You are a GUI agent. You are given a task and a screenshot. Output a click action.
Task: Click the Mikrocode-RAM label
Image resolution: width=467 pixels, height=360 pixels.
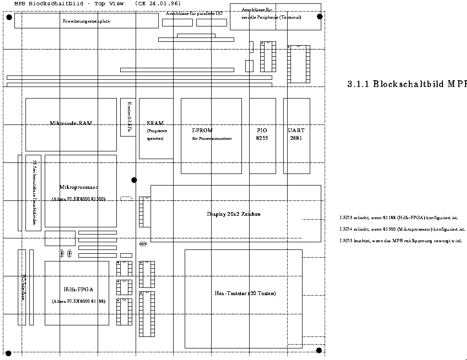click(71, 123)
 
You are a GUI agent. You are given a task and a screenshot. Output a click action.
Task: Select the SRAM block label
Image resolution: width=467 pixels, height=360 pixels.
click(155, 123)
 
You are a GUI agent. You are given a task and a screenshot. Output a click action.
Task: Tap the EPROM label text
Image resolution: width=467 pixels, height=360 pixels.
click(202, 130)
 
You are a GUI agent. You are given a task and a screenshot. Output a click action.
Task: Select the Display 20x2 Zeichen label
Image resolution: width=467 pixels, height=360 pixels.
click(233, 214)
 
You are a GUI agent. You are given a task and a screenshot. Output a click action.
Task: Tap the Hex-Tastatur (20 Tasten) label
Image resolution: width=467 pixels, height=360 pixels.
click(245, 293)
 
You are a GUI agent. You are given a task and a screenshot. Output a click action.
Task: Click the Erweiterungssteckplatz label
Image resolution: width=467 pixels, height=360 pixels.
click(86, 21)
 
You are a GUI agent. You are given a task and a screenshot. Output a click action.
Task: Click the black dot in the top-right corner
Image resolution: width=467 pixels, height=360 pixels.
click(320, 16)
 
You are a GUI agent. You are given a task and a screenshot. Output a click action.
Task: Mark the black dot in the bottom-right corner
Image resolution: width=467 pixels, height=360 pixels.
click(319, 350)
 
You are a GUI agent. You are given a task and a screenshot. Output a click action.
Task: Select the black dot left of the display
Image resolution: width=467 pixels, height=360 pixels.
click(134, 180)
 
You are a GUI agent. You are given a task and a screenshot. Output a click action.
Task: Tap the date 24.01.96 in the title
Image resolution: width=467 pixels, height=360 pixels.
click(164, 3)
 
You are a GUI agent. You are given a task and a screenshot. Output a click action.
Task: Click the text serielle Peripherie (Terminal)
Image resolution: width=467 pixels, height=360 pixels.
click(271, 17)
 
